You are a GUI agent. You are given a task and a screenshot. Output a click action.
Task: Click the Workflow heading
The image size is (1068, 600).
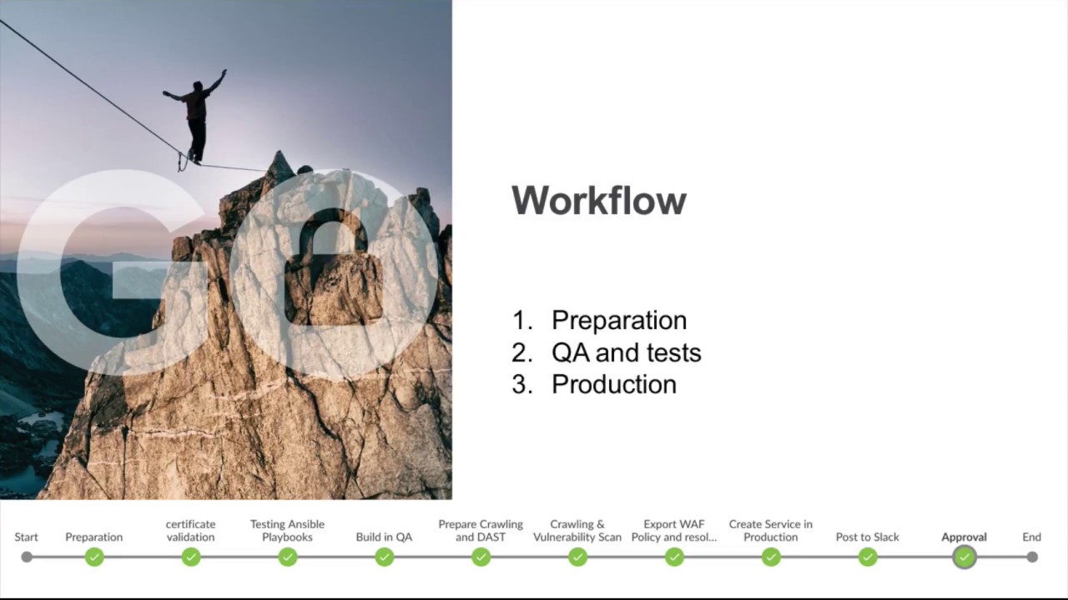(598, 201)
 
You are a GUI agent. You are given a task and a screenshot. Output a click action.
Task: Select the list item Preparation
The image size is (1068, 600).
(618, 320)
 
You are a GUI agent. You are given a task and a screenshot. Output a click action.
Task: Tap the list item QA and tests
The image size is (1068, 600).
(626, 352)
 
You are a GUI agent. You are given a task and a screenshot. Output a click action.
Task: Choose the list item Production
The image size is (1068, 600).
(613, 384)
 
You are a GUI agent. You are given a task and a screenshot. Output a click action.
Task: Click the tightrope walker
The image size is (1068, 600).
(196, 117)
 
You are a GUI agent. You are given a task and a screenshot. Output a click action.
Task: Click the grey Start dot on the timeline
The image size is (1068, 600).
(27, 557)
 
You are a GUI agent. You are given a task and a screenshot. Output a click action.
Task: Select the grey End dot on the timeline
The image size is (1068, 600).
(1032, 557)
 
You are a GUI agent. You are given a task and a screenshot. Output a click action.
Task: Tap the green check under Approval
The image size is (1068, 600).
(965, 557)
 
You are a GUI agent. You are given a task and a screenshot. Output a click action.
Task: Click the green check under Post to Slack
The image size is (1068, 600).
(868, 557)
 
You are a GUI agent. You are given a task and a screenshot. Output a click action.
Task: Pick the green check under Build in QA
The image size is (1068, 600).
(384, 557)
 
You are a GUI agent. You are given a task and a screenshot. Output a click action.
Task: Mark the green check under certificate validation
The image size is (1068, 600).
(191, 557)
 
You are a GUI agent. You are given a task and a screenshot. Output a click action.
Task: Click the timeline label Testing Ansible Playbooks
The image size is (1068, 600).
(287, 530)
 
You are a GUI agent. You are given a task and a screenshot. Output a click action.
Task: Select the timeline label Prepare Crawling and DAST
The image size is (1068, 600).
(481, 530)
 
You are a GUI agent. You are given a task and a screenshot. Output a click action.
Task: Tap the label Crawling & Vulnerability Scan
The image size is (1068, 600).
(577, 530)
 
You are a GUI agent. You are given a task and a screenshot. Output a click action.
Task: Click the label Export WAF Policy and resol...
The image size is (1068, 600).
(674, 530)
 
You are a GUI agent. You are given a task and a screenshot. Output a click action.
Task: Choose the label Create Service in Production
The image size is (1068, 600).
(770, 530)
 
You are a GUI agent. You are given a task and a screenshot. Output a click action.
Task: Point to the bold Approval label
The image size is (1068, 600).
(964, 537)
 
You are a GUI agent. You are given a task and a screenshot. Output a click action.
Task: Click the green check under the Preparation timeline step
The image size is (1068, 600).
(94, 557)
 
